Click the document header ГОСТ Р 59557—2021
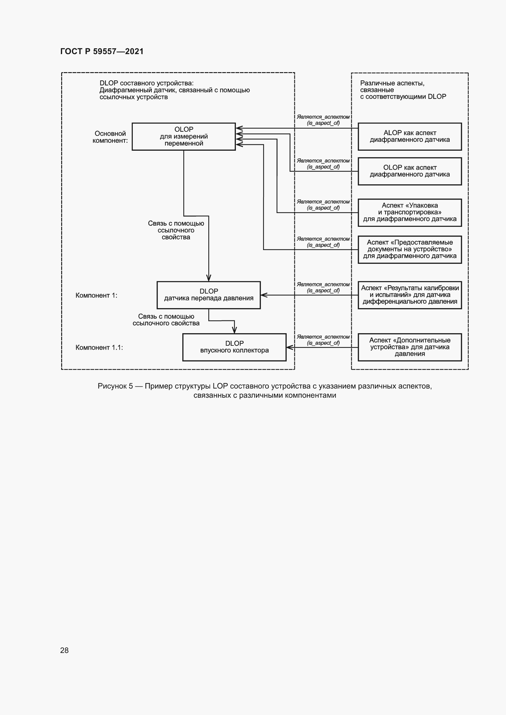[x=102, y=51]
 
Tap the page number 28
[x=65, y=650]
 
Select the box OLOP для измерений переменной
[x=184, y=136]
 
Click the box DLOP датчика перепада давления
[x=208, y=295]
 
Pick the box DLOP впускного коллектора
[x=234, y=347]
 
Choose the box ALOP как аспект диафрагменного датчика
[x=409, y=136]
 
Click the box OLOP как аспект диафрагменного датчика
[x=409, y=171]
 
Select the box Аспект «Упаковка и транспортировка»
[x=409, y=212]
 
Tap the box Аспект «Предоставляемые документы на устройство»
[x=409, y=249]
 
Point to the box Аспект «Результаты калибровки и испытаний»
[x=409, y=295]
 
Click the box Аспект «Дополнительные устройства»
[x=409, y=347]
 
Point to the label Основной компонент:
[x=110, y=137]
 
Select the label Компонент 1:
[x=96, y=295]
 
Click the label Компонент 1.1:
[x=99, y=347]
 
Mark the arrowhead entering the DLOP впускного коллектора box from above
[x=234, y=330]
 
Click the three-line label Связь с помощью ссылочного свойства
[x=176, y=230]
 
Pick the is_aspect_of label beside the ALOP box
[x=323, y=120]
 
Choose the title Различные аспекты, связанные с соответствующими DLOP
[x=403, y=90]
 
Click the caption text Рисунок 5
[x=115, y=386]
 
